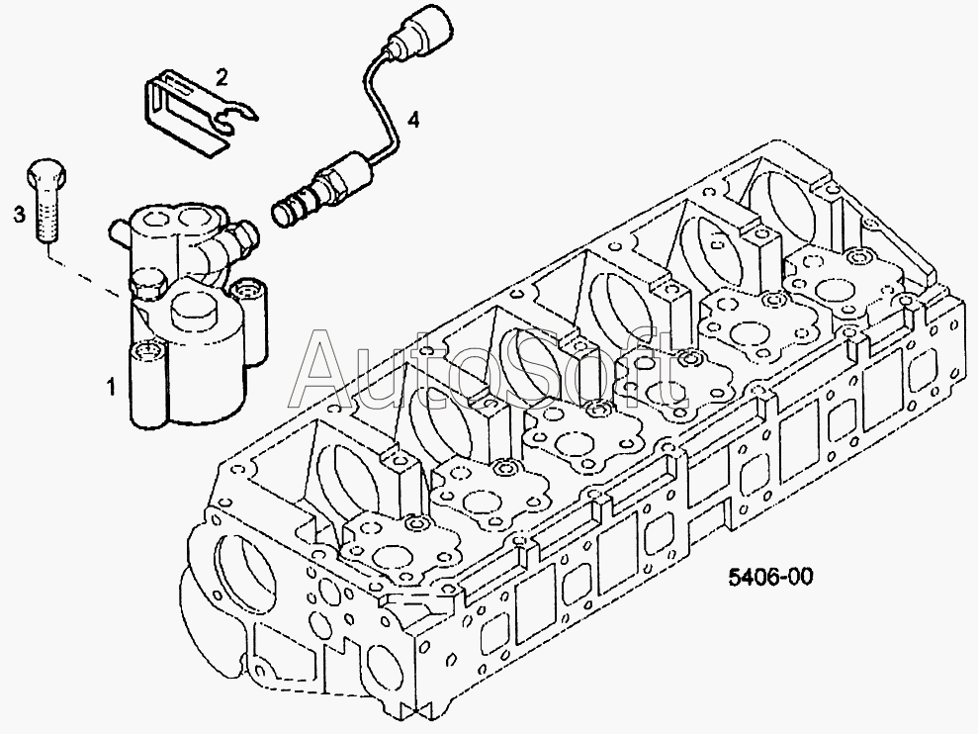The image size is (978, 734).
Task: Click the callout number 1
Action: [x=111, y=387]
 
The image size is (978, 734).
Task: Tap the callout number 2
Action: [x=222, y=77]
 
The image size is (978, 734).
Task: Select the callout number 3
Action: [x=20, y=215]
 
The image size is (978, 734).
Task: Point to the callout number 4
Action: [x=413, y=120]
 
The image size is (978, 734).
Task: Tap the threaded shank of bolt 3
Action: [x=46, y=216]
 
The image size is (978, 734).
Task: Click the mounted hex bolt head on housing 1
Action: [x=146, y=284]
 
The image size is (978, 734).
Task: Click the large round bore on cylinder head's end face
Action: [x=240, y=566]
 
